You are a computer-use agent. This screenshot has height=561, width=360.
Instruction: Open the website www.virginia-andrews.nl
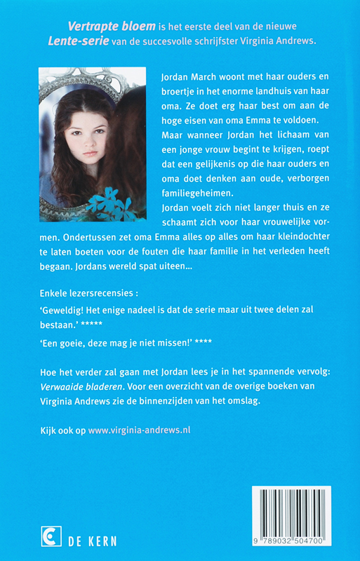[x=139, y=429]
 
